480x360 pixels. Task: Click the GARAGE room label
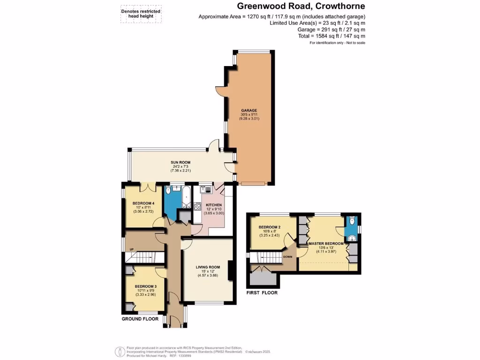coord(249,110)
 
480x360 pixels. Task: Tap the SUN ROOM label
coord(180,162)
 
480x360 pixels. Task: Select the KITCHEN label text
coord(213,205)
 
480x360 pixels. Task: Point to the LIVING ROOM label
coord(208,268)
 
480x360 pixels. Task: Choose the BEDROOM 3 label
coord(145,286)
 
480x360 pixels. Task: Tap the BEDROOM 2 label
coord(270,227)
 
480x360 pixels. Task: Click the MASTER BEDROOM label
coord(326,244)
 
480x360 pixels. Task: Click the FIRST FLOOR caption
coord(262,293)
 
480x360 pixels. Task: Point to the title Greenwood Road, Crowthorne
coord(300,6)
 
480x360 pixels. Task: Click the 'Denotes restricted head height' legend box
coord(141,14)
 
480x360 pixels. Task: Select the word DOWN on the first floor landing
coord(288,257)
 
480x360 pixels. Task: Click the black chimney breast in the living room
coord(230,270)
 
